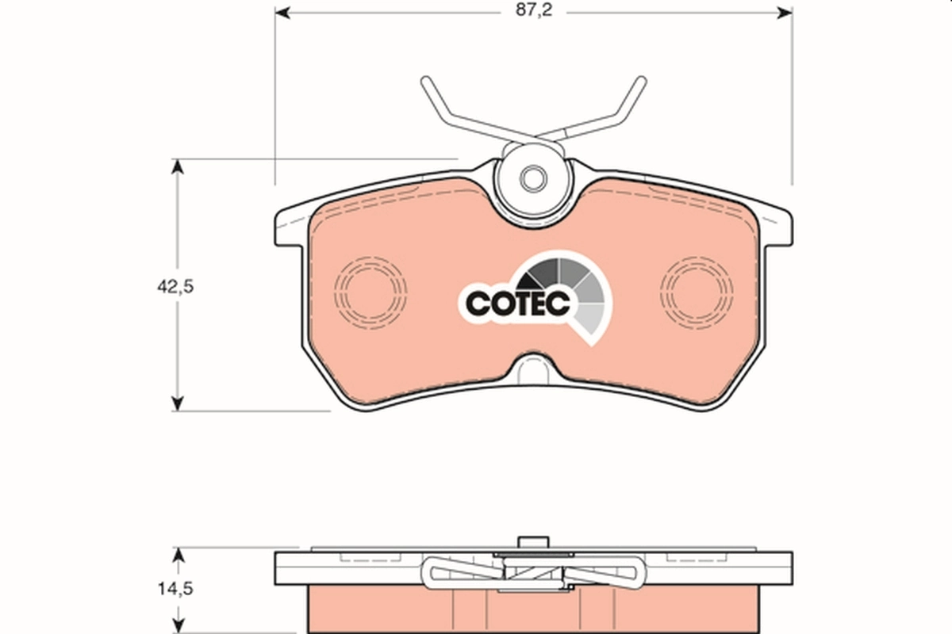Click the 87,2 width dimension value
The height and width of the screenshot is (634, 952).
[533, 13]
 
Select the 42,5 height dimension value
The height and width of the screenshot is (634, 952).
[175, 286]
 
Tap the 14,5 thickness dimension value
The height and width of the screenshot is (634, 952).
[175, 589]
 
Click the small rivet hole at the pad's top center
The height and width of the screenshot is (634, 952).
[532, 178]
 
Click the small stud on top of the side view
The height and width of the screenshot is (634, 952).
[533, 542]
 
